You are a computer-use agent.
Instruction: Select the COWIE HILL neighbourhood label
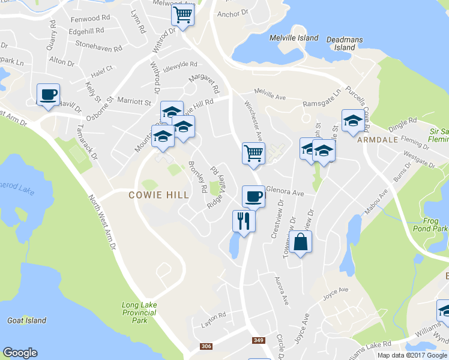[x=159, y=195]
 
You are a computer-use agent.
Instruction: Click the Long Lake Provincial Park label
[x=139, y=313]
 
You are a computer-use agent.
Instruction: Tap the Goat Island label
[x=27, y=320]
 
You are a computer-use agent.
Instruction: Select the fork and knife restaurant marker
[x=244, y=221]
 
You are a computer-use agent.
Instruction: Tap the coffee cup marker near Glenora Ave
[x=253, y=196]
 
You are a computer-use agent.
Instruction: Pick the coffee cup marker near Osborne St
[x=49, y=94]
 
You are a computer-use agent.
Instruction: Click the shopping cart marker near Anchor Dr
[x=182, y=14]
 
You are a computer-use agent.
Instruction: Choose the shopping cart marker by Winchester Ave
[x=253, y=153]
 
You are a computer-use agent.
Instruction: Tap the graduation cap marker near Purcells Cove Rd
[x=353, y=120]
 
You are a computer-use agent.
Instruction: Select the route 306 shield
[x=206, y=346]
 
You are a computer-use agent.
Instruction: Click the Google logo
[x=20, y=353]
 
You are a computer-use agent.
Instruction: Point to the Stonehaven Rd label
[x=98, y=44]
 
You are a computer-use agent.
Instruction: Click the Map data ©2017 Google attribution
[x=412, y=355]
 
